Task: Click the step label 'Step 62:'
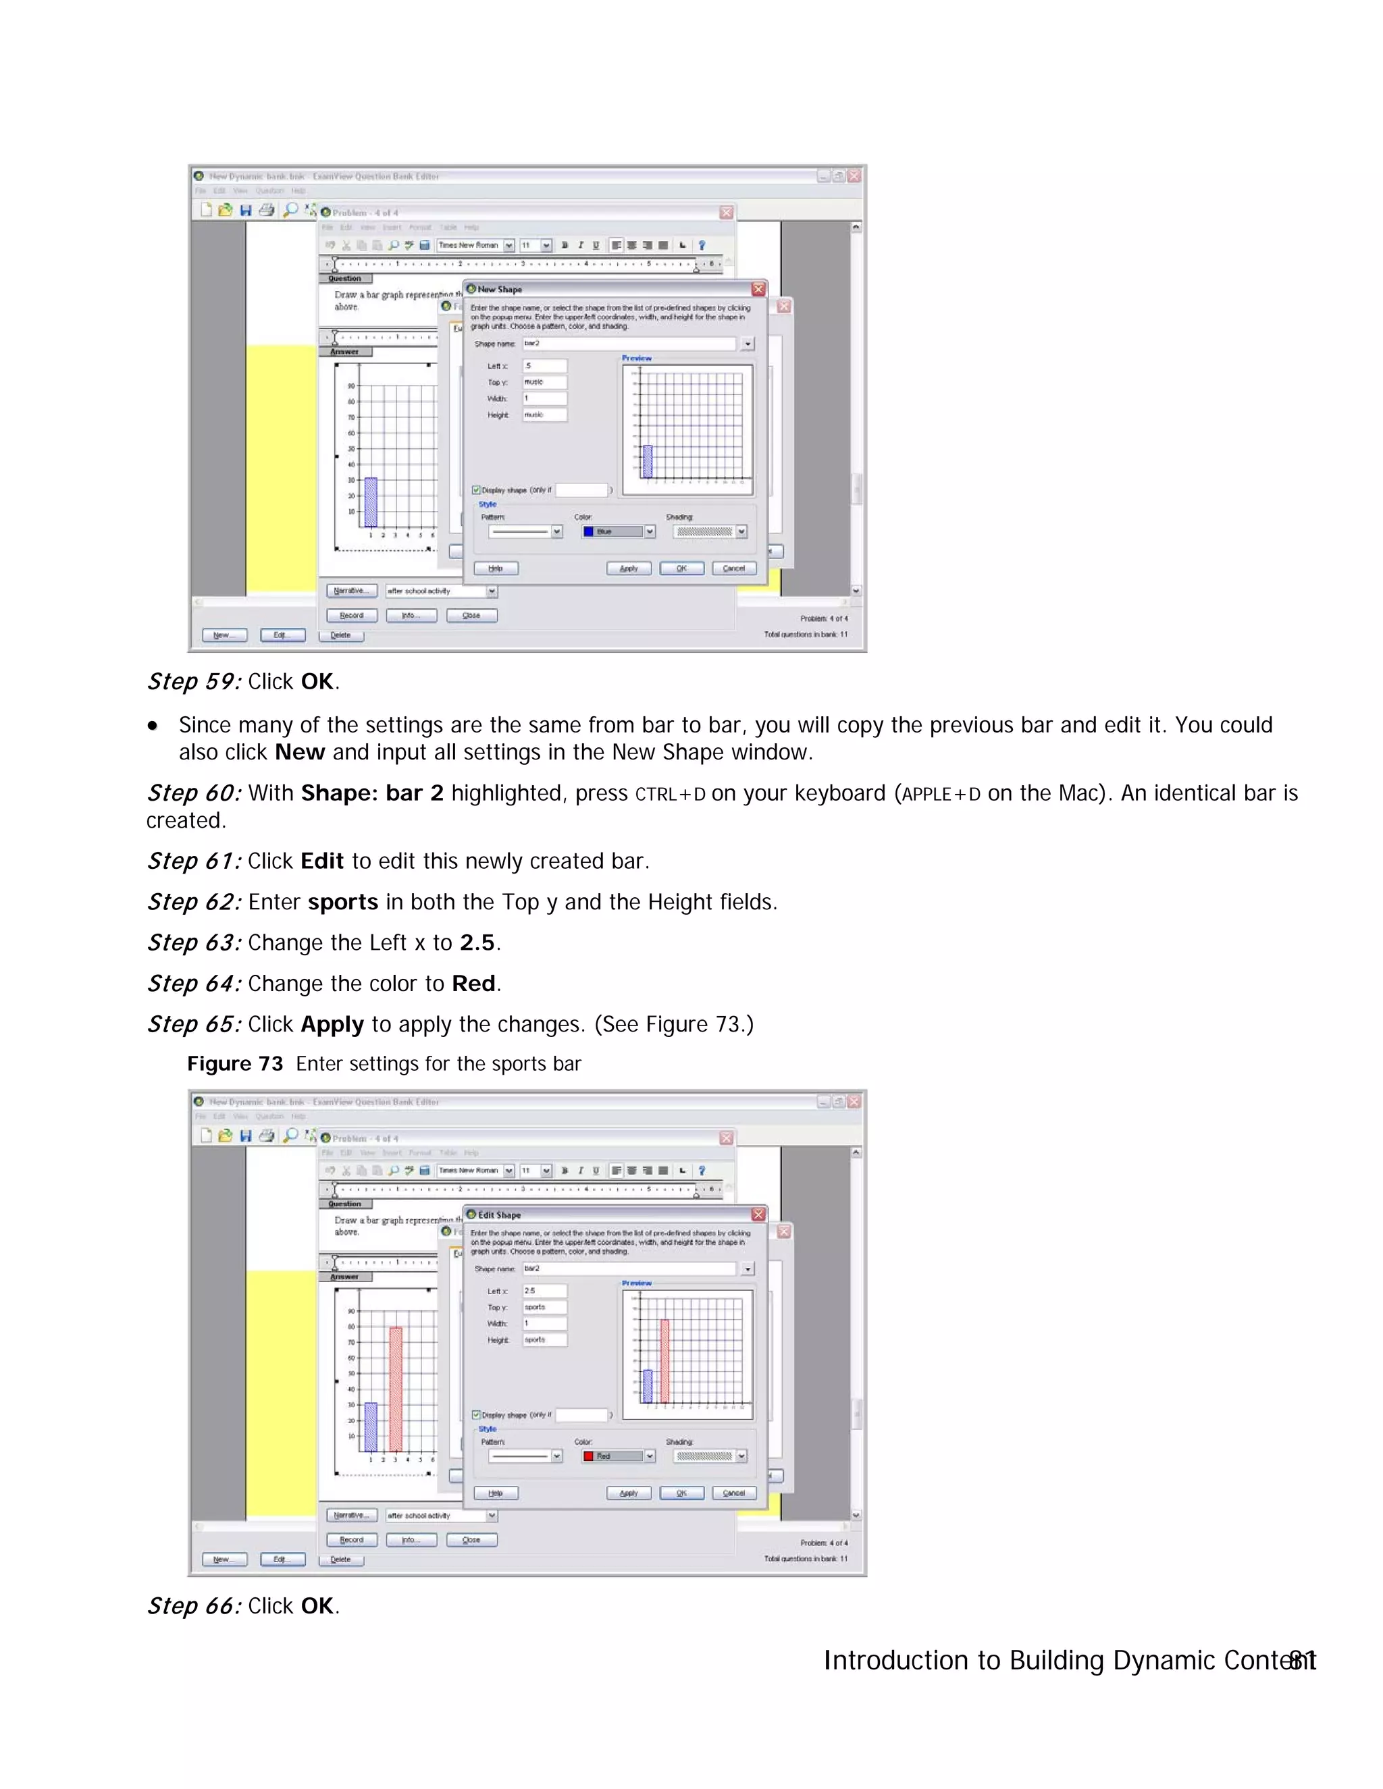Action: pyautogui.click(x=193, y=902)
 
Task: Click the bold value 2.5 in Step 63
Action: pyautogui.click(x=477, y=943)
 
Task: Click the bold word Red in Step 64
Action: pyautogui.click(x=473, y=983)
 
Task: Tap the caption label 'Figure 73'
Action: pyautogui.click(x=234, y=1063)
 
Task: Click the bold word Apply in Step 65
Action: pyautogui.click(x=332, y=1024)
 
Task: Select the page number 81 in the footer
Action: pyautogui.click(x=1302, y=1661)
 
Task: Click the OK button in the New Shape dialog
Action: pyautogui.click(x=681, y=568)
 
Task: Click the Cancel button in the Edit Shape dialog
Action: pyautogui.click(x=733, y=1493)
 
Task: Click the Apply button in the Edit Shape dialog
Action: pyautogui.click(x=629, y=1493)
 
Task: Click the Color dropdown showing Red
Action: pyautogui.click(x=619, y=1456)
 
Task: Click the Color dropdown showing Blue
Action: pyautogui.click(x=619, y=531)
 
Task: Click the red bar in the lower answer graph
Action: pyautogui.click(x=396, y=1389)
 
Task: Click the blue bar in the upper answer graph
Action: pyautogui.click(x=370, y=502)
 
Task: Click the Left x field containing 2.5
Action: pyautogui.click(x=544, y=1291)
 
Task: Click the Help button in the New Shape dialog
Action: pyautogui.click(x=495, y=568)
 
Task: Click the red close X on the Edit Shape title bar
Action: pyautogui.click(x=758, y=1214)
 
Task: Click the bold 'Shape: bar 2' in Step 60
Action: pyautogui.click(x=372, y=793)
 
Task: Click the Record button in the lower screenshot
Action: pyautogui.click(x=351, y=1540)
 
